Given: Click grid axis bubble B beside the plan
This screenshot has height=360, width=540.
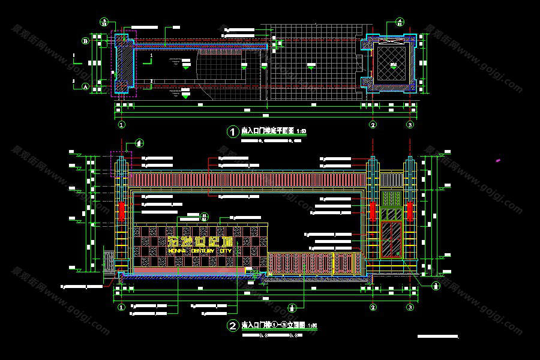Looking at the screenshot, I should (x=85, y=41).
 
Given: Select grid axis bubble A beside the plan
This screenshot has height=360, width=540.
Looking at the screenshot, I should (x=85, y=86).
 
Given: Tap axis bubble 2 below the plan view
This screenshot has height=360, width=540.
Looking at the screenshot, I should (x=373, y=125).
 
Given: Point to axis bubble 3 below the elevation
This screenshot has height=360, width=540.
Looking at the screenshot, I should (x=410, y=307).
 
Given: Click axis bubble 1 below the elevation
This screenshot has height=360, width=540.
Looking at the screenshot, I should (x=121, y=307).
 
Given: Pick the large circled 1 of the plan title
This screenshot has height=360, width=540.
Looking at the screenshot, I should (x=232, y=131).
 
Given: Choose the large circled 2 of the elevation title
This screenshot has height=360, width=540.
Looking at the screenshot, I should (x=232, y=326).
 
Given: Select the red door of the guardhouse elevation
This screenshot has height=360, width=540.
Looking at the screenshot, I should (x=392, y=239).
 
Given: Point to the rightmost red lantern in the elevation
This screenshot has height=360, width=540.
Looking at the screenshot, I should (x=410, y=210).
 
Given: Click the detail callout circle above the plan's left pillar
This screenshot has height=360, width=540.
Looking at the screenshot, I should (x=104, y=23).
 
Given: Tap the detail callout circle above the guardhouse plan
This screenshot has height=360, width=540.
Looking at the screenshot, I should (x=399, y=23).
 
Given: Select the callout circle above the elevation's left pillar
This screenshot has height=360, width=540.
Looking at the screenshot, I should (x=140, y=143).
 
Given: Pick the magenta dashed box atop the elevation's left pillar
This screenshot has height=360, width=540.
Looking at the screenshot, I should (x=121, y=163).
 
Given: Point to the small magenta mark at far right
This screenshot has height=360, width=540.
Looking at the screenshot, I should (x=498, y=160).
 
